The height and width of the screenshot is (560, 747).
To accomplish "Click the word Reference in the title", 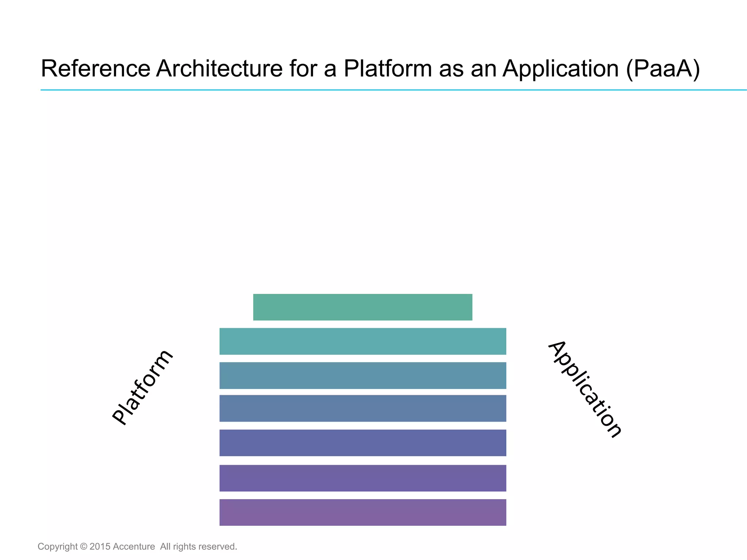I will click(95, 68).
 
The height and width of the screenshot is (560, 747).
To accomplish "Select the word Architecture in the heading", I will click(219, 68).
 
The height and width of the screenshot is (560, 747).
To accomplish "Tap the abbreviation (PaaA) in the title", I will click(663, 68).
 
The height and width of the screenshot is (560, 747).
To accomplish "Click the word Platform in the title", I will click(387, 68).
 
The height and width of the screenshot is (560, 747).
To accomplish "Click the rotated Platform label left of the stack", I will click(142, 388).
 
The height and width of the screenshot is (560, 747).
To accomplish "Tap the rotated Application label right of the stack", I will click(585, 389).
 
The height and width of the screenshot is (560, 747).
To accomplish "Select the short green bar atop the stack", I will click(363, 307).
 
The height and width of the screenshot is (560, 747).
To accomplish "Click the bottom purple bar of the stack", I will click(363, 512).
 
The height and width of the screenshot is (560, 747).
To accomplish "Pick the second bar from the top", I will click(363, 341).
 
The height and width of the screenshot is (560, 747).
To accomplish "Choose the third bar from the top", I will click(363, 376).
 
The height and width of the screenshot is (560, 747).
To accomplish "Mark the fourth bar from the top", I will click(363, 408).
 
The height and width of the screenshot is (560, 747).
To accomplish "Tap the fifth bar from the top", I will click(363, 443).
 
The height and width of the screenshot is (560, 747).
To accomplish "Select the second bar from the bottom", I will click(363, 478).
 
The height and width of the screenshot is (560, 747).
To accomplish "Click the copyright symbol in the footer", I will click(84, 547).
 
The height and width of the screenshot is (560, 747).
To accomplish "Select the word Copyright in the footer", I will click(58, 547).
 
